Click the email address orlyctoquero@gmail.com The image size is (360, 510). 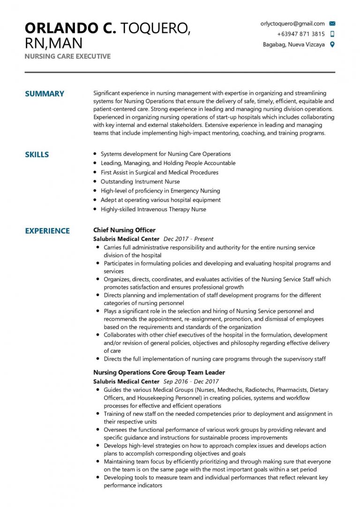pyautogui.click(x=292, y=23)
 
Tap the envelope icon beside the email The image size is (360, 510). pyautogui.click(x=332, y=23)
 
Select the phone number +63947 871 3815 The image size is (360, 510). pyautogui.click(x=300, y=34)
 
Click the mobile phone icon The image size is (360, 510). pyautogui.click(x=332, y=34)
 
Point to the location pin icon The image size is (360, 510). pyautogui.click(x=332, y=45)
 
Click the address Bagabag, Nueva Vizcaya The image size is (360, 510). pyautogui.click(x=293, y=45)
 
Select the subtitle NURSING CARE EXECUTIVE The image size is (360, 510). pyautogui.click(x=67, y=56)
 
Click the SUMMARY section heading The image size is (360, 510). pyautogui.click(x=45, y=94)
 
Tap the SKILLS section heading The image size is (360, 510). pyautogui.click(x=37, y=155)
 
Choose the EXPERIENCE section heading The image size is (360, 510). pyautogui.click(x=47, y=231)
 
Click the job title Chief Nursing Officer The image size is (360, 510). pyautogui.click(x=124, y=230)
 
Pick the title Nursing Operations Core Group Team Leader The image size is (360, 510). pyautogui.click(x=158, y=373)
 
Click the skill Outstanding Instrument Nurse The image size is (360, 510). pyautogui.click(x=140, y=182)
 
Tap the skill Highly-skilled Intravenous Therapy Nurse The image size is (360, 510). pyautogui.click(x=153, y=209)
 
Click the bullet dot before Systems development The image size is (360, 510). pyautogui.click(x=95, y=154)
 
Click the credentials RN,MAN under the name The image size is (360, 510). pyautogui.click(x=53, y=44)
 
